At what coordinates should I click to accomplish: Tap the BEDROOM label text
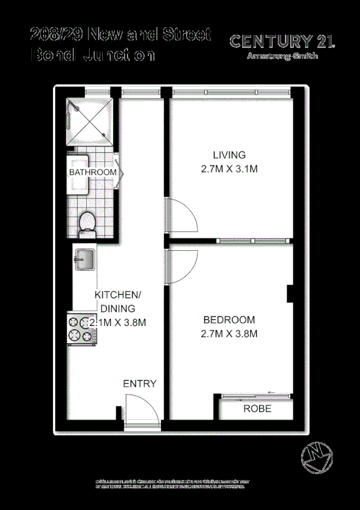tap(229, 320)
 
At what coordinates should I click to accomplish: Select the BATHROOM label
tap(93, 173)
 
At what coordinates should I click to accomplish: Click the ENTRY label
tap(139, 384)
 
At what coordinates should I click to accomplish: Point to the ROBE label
tap(257, 409)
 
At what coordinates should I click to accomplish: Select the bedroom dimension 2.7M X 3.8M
tap(229, 334)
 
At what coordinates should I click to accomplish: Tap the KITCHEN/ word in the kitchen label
tap(118, 295)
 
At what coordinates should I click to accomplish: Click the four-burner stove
tap(78, 330)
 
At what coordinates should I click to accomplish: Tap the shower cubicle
tap(88, 120)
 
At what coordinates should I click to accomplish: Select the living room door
tap(182, 215)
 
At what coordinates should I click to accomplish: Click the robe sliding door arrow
tap(271, 393)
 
